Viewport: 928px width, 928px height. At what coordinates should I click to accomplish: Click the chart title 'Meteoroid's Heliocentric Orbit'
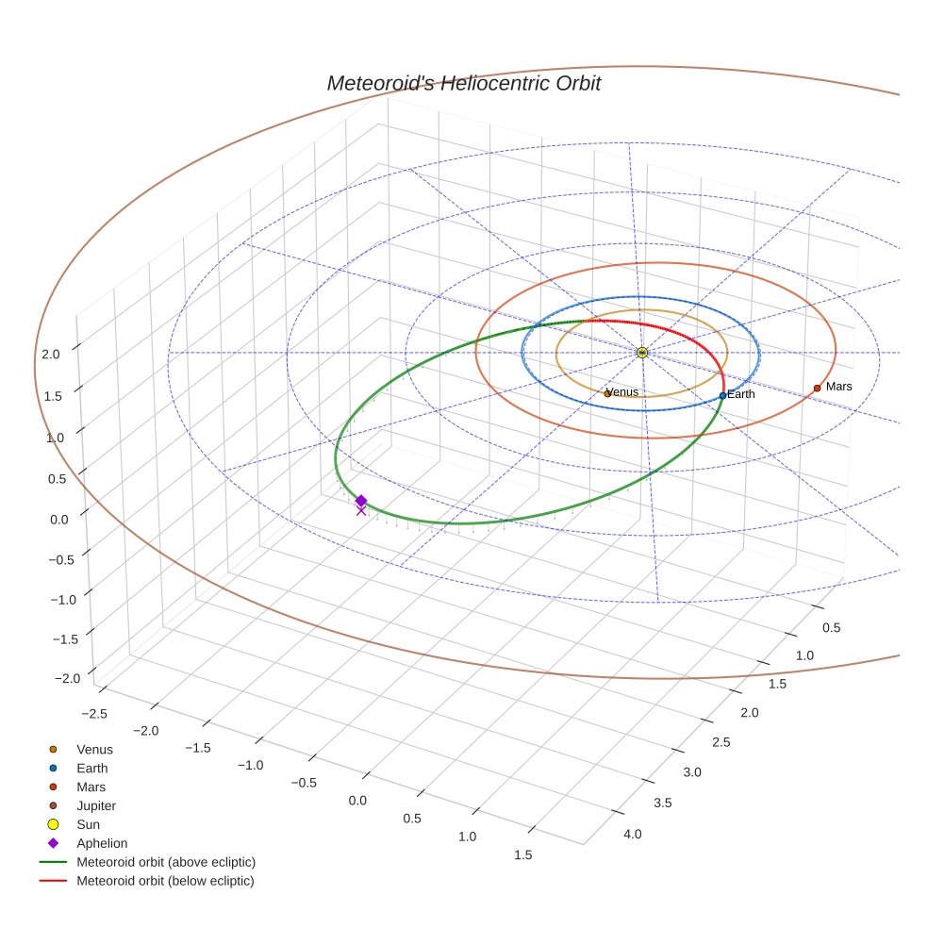463,83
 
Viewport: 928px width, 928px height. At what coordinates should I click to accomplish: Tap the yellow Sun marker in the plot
641,352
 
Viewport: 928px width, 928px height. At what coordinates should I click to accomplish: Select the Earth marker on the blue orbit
722,395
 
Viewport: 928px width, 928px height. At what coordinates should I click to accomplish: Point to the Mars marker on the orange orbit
817,388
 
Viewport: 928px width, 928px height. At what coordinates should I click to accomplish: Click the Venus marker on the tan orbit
606,393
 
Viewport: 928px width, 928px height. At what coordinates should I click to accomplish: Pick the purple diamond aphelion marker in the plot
360,501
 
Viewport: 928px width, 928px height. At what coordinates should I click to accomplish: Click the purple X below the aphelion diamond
360,511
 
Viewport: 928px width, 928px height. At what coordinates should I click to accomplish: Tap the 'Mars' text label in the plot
838,387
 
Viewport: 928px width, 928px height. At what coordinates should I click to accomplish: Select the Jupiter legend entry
95,805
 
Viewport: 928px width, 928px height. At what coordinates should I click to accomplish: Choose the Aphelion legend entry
101,843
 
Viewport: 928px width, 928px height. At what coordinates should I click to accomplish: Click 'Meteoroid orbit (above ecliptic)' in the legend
165,862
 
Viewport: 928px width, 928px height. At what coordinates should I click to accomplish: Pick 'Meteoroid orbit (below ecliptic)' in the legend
165,881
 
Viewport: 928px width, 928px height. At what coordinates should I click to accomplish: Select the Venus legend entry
94,750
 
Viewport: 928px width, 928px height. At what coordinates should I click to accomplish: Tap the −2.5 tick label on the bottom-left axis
94,714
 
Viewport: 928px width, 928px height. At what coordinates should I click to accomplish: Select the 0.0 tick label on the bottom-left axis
357,801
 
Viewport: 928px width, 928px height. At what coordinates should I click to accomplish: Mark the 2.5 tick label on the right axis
721,742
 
